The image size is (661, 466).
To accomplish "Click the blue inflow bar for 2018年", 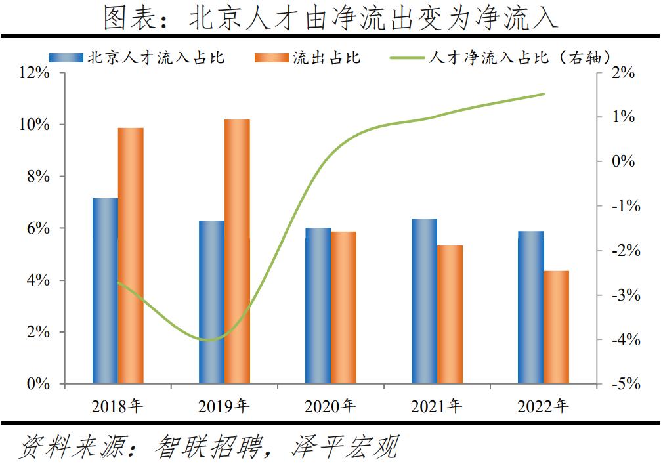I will [x=105, y=291].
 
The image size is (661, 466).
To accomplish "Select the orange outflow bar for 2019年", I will [x=237, y=251].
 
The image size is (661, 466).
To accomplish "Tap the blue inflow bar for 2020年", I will [x=318, y=306].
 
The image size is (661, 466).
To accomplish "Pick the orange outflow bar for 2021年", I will [x=450, y=314].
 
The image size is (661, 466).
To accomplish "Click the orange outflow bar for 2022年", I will [x=556, y=328].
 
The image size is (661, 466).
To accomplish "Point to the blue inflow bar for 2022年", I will [x=530, y=307].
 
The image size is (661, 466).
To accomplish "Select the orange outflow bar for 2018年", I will [x=131, y=255].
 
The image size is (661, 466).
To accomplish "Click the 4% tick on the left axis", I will [x=38, y=280].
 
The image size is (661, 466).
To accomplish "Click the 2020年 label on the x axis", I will [x=330, y=407].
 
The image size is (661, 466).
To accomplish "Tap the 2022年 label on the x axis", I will [x=543, y=407].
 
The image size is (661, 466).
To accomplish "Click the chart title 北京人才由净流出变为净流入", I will [x=330, y=18].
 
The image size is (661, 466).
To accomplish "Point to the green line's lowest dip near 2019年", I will [x=210, y=340].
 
